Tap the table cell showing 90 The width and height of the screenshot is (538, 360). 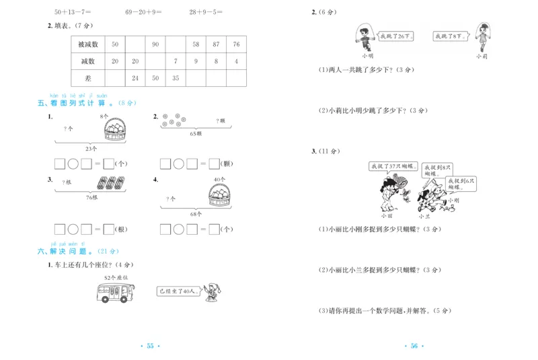pyautogui.click(x=155, y=44)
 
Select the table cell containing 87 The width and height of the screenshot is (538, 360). pyautogui.click(x=215, y=44)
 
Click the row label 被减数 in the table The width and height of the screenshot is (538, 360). pyautogui.click(x=88, y=44)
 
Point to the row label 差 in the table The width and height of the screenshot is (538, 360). pyautogui.click(x=88, y=78)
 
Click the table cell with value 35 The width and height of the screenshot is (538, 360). pyautogui.click(x=176, y=78)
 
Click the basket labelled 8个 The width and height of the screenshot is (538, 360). pyautogui.click(x=111, y=129)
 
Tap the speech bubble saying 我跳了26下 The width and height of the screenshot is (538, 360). pyautogui.click(x=395, y=36)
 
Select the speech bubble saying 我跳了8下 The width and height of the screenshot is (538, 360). pyautogui.click(x=450, y=36)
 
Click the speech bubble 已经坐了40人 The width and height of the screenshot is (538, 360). pyautogui.click(x=176, y=291)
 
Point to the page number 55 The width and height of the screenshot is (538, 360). pyautogui.click(x=150, y=346)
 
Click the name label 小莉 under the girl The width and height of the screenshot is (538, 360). pyautogui.click(x=481, y=57)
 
